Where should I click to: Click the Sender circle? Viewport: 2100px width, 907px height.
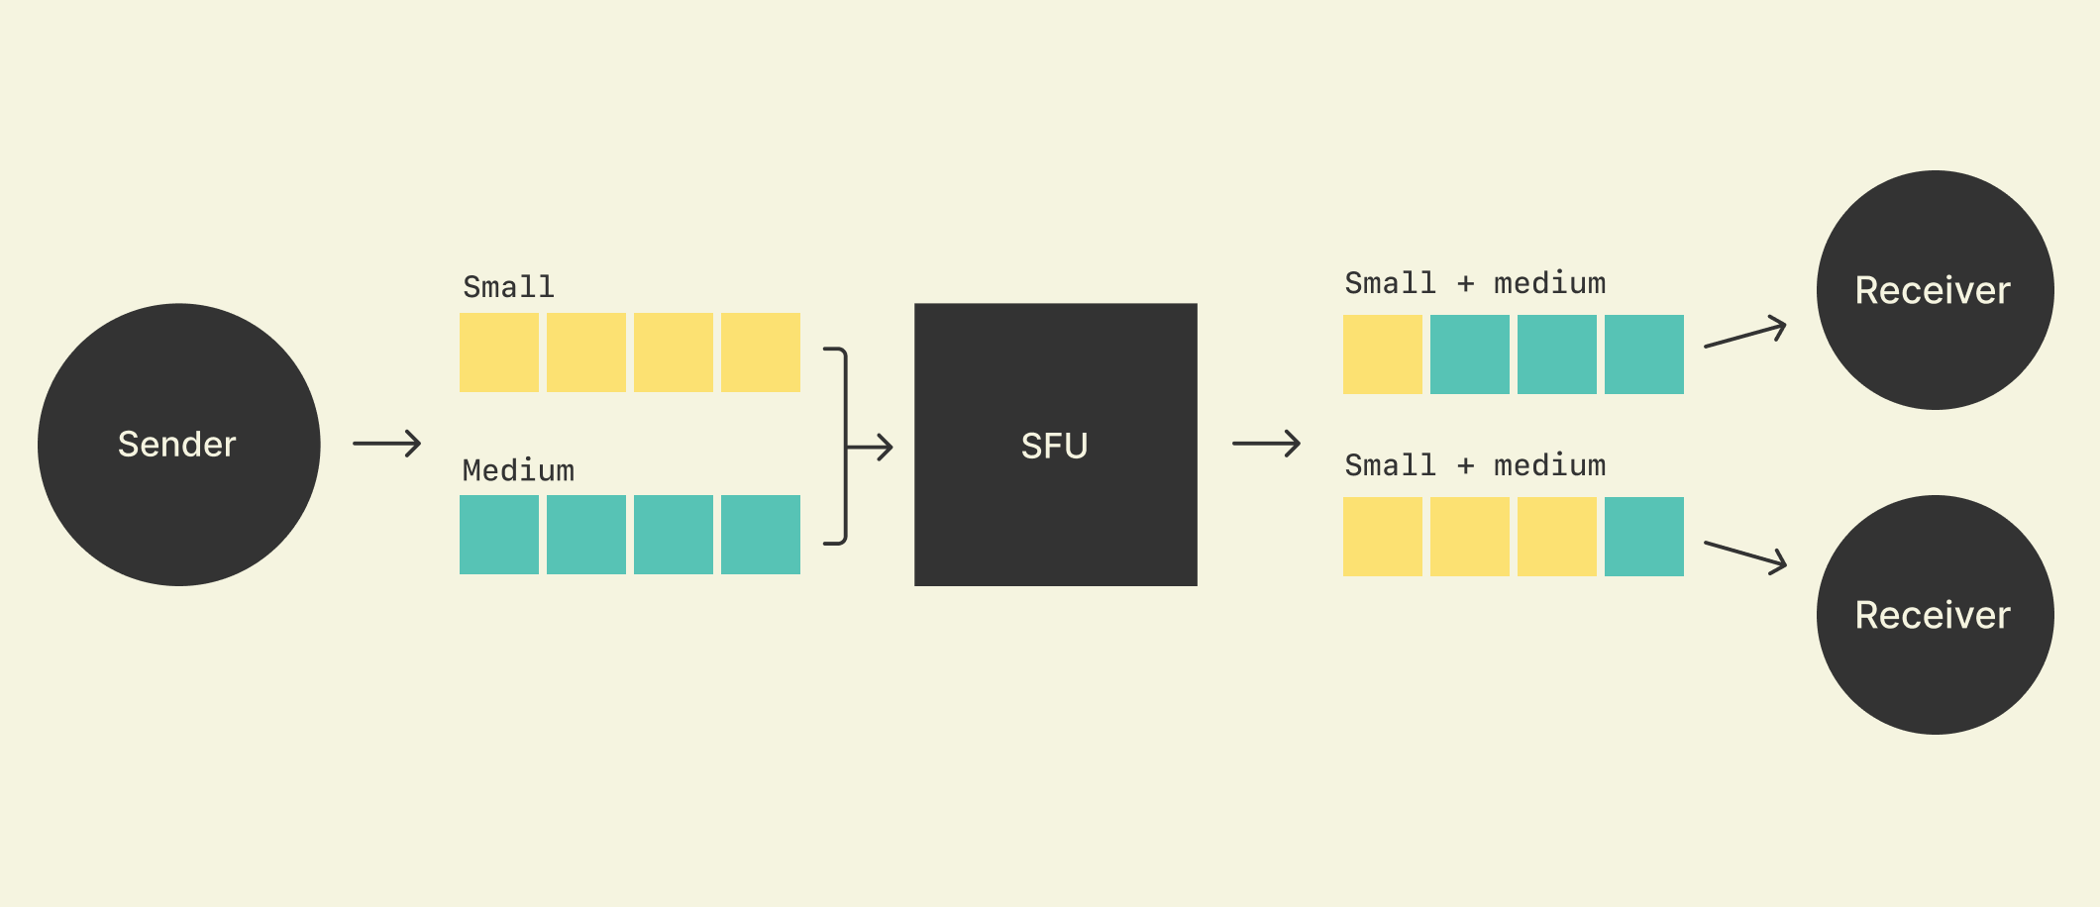[178, 445]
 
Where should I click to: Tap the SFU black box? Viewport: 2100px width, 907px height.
[1055, 445]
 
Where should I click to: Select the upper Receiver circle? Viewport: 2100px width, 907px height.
[1935, 290]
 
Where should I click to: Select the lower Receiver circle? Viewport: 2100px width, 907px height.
[1935, 615]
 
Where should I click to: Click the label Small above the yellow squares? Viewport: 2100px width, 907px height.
[508, 287]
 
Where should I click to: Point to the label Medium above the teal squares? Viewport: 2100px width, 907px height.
[518, 470]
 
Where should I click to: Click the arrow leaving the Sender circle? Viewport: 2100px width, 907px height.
[386, 444]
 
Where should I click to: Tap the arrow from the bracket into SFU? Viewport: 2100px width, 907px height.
[872, 448]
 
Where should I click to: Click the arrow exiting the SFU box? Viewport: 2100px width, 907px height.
[1266, 444]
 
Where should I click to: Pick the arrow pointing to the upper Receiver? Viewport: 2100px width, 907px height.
[1745, 334]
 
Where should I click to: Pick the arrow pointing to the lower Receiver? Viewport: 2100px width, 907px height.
[1745, 555]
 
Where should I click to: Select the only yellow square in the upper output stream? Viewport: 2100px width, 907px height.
[1382, 354]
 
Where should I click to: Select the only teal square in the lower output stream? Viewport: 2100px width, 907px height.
[1643, 537]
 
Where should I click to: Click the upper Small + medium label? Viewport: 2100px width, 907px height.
[1475, 283]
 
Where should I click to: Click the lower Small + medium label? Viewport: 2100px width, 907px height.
[1475, 465]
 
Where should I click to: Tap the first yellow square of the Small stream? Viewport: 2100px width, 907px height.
[499, 353]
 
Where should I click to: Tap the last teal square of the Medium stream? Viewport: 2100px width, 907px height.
[760, 535]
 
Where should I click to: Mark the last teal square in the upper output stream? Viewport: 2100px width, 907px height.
[1643, 354]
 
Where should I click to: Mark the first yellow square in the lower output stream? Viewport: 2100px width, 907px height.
[1382, 537]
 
